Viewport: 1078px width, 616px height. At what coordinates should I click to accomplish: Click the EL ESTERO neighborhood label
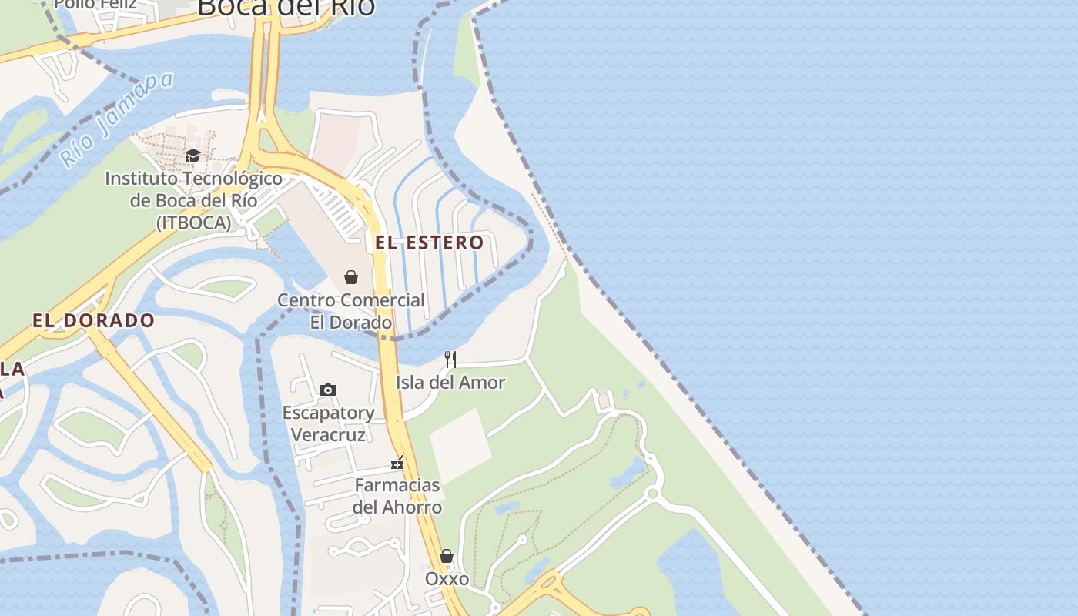429,243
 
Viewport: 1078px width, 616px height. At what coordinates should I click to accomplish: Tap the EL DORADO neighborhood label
93,320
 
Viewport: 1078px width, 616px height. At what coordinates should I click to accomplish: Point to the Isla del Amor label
450,382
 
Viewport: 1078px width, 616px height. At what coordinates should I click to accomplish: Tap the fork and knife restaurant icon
450,359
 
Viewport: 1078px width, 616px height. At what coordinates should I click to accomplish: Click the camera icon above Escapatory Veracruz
328,390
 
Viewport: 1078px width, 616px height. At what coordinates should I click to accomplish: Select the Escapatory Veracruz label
328,423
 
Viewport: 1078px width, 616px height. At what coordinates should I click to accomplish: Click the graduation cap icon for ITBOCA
192,156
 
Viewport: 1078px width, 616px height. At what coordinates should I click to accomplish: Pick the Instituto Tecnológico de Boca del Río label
193,200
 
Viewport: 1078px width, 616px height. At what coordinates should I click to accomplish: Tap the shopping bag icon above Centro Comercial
351,277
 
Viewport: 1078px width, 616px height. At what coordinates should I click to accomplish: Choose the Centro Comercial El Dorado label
351,311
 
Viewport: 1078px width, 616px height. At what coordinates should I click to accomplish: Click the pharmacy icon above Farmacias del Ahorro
397,463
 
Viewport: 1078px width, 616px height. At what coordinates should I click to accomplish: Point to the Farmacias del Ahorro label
397,496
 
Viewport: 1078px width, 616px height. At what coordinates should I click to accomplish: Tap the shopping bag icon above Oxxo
447,556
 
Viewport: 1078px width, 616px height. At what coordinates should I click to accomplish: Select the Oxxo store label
447,578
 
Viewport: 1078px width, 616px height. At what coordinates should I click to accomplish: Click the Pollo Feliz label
95,5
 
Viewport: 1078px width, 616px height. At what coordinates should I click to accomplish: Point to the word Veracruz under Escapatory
328,435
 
